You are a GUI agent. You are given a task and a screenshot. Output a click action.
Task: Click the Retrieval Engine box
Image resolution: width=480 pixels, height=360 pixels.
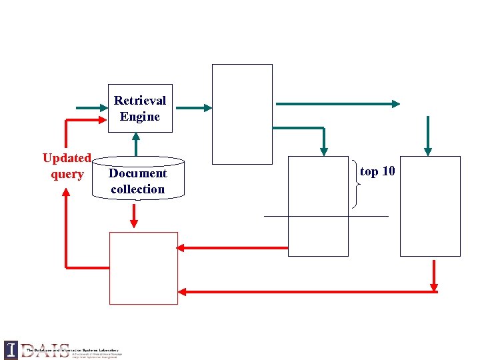[x=140, y=108]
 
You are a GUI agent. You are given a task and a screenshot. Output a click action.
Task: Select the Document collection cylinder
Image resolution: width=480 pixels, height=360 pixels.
[x=138, y=179]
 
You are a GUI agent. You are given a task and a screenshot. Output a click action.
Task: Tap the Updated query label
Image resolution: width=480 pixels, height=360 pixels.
[x=67, y=166]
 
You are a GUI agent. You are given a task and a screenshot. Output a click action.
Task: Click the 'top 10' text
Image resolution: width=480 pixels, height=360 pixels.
[x=377, y=171]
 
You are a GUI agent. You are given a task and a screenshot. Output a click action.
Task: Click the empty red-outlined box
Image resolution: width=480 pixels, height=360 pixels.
[x=143, y=268]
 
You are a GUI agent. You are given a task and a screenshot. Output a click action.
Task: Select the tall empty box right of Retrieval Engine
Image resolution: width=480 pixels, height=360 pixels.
[x=242, y=113]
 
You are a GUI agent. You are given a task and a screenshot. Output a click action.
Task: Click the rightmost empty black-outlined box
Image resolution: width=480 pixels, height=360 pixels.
[x=430, y=205]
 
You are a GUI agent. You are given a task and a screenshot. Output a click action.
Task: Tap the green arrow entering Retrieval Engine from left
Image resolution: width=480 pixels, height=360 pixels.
[x=92, y=107]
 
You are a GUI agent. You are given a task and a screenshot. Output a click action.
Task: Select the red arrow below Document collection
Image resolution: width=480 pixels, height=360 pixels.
[x=135, y=215]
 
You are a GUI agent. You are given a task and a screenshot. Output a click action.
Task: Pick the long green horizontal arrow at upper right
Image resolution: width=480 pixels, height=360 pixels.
[x=337, y=103]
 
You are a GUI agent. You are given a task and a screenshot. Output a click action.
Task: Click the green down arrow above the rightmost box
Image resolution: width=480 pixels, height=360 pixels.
[x=428, y=135]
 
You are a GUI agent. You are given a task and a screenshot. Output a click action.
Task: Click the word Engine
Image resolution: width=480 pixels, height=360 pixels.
[x=140, y=117]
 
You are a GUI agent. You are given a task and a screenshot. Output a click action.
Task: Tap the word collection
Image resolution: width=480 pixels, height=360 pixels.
[x=138, y=189]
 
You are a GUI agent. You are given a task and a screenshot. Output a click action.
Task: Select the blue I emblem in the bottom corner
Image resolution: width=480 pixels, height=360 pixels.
[x=11, y=349]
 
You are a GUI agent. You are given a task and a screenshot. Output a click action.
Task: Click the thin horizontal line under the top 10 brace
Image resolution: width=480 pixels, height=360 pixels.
[x=326, y=216]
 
